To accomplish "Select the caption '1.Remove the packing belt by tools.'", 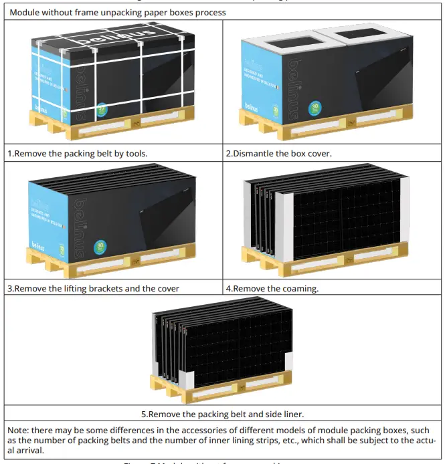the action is click(78, 153).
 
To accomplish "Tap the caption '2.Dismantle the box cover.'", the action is click(278, 153).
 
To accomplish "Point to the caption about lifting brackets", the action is click(94, 289).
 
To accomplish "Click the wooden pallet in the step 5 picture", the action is click(221, 386).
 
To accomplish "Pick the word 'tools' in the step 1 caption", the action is click(135, 153).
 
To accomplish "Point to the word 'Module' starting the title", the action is click(25, 12).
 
